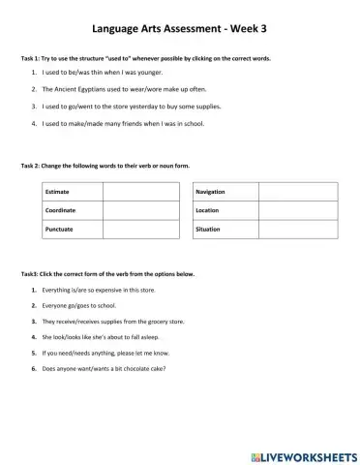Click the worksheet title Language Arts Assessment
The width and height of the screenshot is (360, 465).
click(x=179, y=29)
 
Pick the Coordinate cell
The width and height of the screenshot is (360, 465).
click(x=61, y=210)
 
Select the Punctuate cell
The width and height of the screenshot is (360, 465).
click(x=59, y=228)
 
